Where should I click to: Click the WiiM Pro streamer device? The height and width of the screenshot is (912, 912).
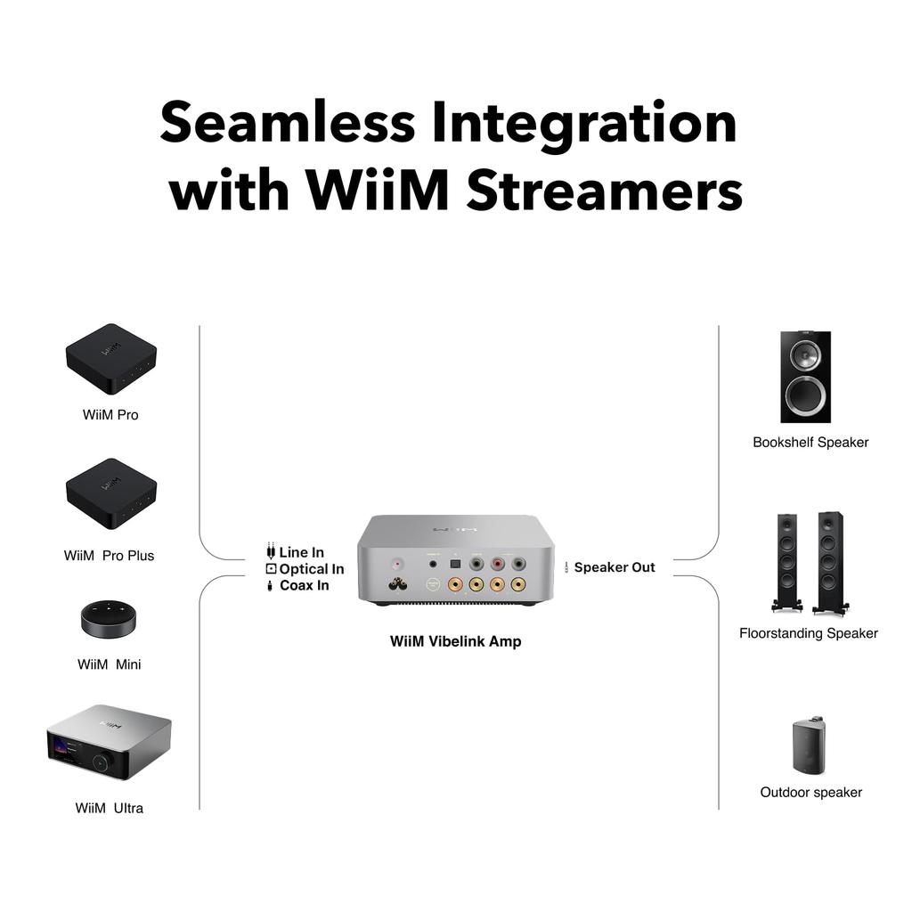click(x=110, y=359)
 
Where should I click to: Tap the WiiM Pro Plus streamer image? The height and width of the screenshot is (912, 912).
click(x=110, y=493)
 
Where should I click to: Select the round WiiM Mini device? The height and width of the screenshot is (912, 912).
click(x=110, y=618)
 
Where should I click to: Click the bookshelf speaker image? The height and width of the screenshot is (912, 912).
click(x=805, y=377)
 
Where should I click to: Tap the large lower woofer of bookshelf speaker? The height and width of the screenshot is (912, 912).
click(x=805, y=395)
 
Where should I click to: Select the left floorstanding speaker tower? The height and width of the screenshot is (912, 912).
click(x=786, y=562)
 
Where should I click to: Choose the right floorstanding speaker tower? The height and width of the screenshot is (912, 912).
click(x=830, y=562)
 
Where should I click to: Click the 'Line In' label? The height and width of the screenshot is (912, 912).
click(x=301, y=553)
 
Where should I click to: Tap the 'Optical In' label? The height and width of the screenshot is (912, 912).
click(x=311, y=569)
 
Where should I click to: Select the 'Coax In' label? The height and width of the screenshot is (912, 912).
click(x=304, y=585)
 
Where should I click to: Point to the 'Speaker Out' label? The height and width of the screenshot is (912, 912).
click(x=614, y=567)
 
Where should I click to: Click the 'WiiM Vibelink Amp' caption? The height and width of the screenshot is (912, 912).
click(x=455, y=641)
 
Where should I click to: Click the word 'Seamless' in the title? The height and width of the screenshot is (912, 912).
click(x=287, y=123)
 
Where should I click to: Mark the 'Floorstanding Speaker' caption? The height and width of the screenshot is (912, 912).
click(x=808, y=633)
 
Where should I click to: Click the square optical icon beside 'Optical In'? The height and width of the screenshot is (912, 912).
click(x=271, y=569)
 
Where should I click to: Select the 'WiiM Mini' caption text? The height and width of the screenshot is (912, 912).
click(x=109, y=664)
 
